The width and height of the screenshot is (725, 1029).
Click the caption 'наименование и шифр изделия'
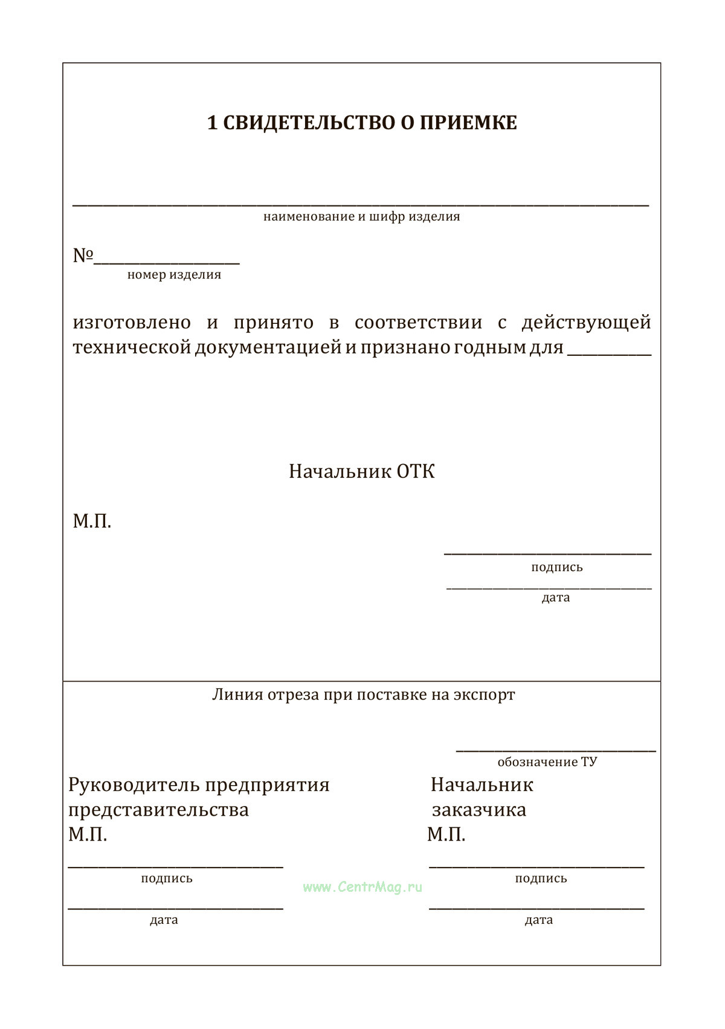pyautogui.click(x=361, y=216)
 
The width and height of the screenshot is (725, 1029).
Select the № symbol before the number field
pyautogui.click(x=83, y=256)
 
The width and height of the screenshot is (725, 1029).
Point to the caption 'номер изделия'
pyautogui.click(x=174, y=275)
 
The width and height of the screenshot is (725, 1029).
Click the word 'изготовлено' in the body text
pyautogui.click(x=132, y=323)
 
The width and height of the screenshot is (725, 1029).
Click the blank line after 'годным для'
pyautogui.click(x=609, y=352)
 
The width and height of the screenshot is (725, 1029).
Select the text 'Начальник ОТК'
pyautogui.click(x=361, y=471)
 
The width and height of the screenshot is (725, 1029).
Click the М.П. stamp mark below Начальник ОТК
pyautogui.click(x=92, y=521)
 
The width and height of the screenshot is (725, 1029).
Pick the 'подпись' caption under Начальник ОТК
pyautogui.click(x=557, y=567)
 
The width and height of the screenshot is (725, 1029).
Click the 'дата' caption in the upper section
pyautogui.click(x=556, y=598)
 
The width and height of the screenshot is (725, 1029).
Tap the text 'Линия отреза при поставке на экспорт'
pyautogui.click(x=363, y=695)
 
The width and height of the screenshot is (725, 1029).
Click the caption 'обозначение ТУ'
pyautogui.click(x=547, y=762)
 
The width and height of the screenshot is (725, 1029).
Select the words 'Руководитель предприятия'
pyautogui.click(x=199, y=785)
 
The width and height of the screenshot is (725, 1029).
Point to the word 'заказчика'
pyautogui.click(x=478, y=810)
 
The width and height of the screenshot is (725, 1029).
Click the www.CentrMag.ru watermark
pyautogui.click(x=362, y=887)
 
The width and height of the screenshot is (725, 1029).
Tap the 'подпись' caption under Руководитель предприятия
pyautogui.click(x=167, y=879)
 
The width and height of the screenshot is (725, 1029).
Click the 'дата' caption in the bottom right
pyautogui.click(x=539, y=920)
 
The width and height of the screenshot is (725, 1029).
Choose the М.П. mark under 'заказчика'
pyautogui.click(x=446, y=835)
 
